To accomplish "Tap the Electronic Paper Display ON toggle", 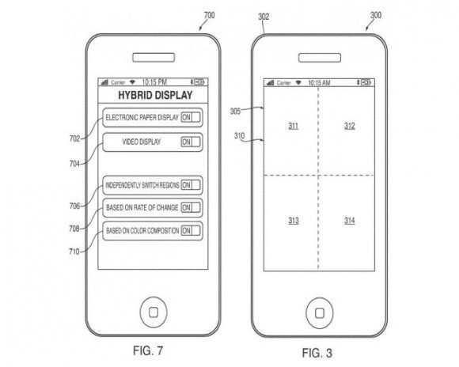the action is coord(191,117).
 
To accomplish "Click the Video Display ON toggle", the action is coord(191,142).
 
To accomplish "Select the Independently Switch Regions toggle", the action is coord(191,185).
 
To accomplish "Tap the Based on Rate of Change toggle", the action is coord(191,207).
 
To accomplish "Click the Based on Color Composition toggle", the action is coord(191,231).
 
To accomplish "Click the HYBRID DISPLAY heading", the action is coord(155,95).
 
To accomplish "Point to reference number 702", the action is coord(74,138).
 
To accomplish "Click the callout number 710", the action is coord(74,252).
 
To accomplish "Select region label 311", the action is coord(294,126).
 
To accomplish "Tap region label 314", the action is coord(350,221).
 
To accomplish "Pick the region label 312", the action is coord(350,126).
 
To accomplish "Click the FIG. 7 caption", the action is coord(148,350).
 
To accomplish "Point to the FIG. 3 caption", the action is coord(317,353).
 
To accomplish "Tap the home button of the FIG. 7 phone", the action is coord(154,312).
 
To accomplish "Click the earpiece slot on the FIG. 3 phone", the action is coord(320,58).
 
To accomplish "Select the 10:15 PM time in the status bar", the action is coord(154,82).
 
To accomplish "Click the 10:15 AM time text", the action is coord(319,83).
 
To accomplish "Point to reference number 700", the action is coord(209,15).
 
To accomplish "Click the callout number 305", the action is coord(235,112).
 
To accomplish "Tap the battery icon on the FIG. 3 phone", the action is coord(366,82).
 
